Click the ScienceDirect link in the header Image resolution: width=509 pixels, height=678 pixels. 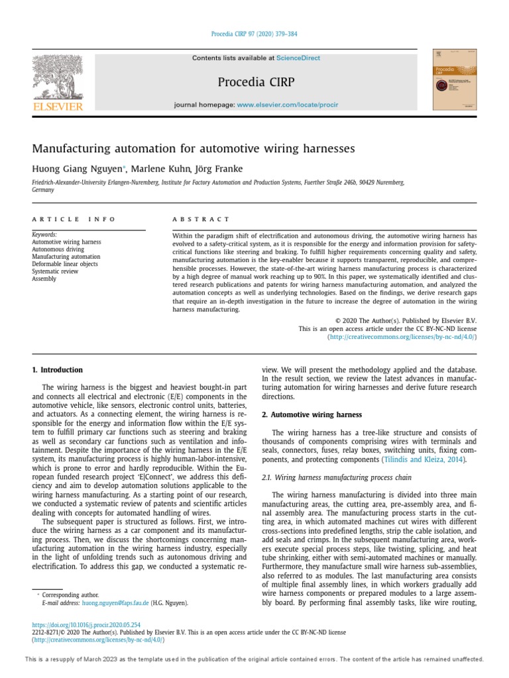pyautogui.click(x=298, y=58)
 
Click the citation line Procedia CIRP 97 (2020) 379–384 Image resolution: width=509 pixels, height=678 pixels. pyautogui.click(x=254, y=34)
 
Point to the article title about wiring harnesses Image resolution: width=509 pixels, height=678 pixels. pyautogui.click(x=194, y=149)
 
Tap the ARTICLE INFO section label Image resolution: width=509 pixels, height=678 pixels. pyautogui.click(x=74, y=219)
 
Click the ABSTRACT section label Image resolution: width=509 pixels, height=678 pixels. pyautogui.click(x=201, y=219)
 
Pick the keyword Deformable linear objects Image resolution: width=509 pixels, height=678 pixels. pyautogui.click(x=65, y=264)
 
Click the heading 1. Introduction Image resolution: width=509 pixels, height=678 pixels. pyautogui.click(x=58, y=370)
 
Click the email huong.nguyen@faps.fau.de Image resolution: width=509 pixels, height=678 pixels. pyautogui.click(x=113, y=603)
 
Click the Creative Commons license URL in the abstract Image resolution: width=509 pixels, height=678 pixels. pyautogui.click(x=402, y=337)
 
